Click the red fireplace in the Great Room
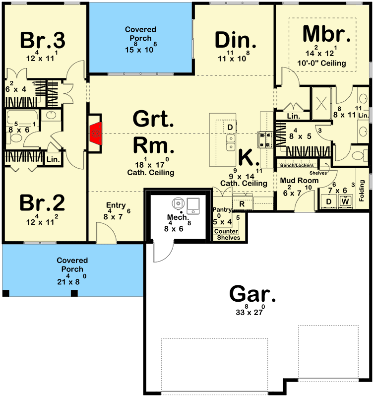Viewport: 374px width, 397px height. pos(96,133)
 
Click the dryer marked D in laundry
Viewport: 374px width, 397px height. pos(329,201)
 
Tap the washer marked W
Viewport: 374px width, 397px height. pos(346,201)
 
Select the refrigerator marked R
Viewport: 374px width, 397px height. pos(242,203)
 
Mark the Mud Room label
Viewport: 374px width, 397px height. pos(299,180)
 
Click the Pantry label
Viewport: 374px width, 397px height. pos(222,210)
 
